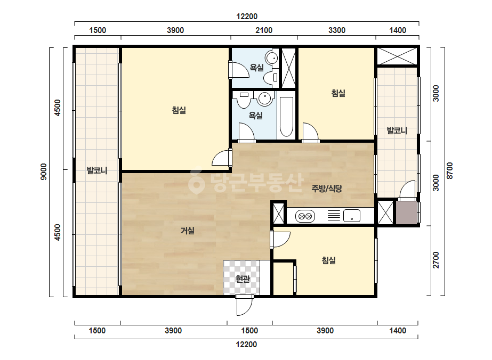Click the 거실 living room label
coord(187,231)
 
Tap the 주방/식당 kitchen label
coord(327,189)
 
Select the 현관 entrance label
coord(243,279)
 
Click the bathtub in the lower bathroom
coord(286,116)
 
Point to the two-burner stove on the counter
coord(305,216)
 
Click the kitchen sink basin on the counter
coord(352,216)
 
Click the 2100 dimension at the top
coord(264,30)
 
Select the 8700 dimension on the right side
coord(450,170)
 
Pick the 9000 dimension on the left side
coord(44,171)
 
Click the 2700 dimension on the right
coord(436,260)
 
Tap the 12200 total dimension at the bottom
coord(246,345)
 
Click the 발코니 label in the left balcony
coord(97,170)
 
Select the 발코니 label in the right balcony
coord(397,130)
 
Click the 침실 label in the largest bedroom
coord(179,110)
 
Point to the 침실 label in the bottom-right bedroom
coord(328,260)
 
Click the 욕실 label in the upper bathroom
coord(257,68)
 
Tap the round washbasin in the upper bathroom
coord(271,58)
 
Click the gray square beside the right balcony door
coord(406,212)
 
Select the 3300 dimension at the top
coord(337,30)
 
